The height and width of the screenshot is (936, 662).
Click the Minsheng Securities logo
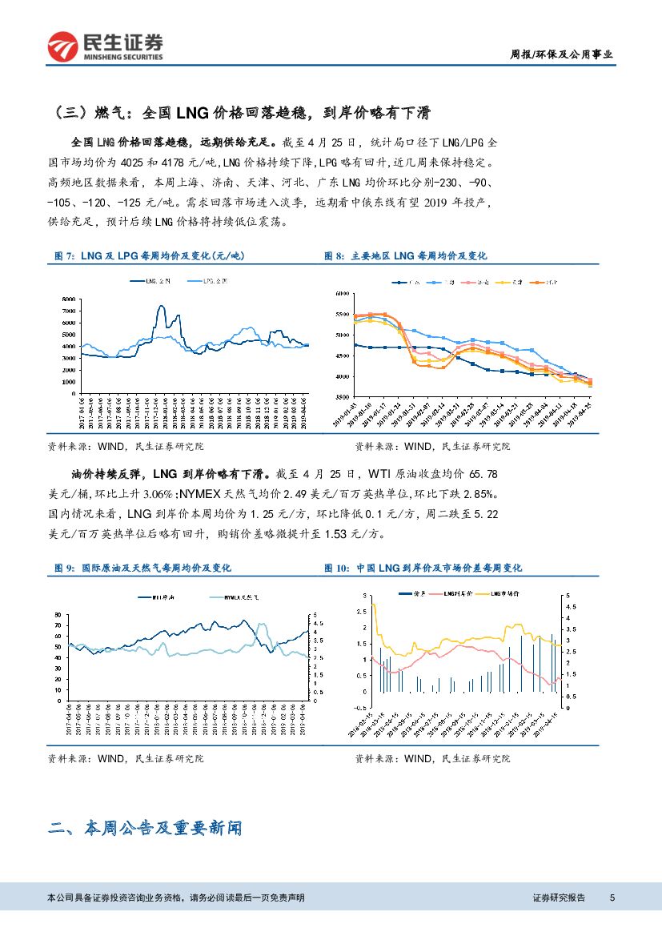click(x=105, y=46)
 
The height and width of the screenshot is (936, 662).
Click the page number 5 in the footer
click(x=612, y=898)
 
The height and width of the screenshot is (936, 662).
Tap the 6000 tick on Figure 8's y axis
click(x=343, y=295)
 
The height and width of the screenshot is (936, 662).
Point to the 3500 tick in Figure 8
click(x=343, y=397)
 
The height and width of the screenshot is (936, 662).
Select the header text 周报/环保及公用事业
click(x=561, y=54)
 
